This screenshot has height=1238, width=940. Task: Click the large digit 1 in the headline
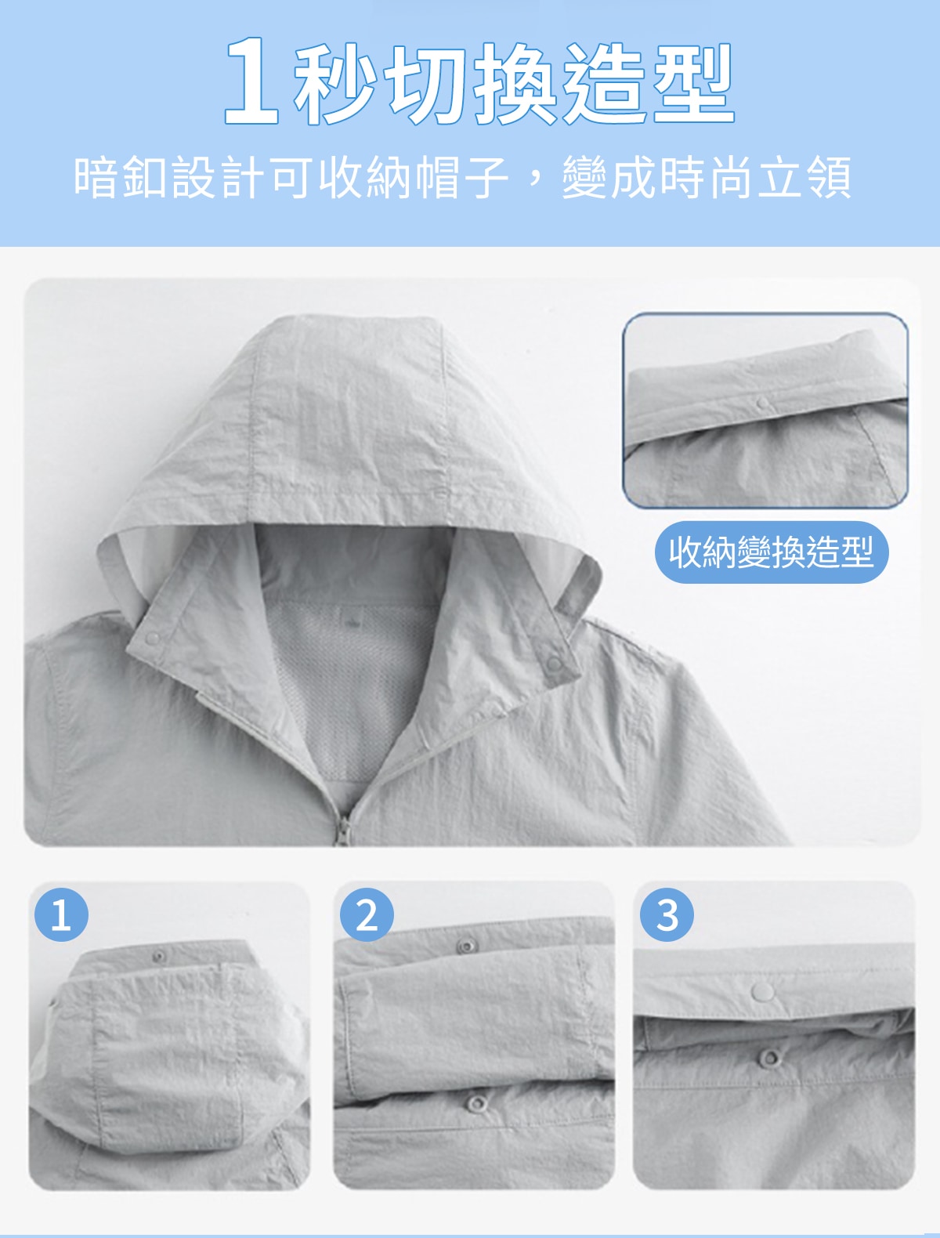tap(251, 81)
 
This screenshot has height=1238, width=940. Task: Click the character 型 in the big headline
tap(693, 84)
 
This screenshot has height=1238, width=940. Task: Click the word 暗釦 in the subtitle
tap(121, 177)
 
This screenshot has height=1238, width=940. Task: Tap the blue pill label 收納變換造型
tap(772, 552)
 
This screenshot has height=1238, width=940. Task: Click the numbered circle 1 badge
tap(61, 915)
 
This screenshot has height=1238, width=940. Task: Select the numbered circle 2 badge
tap(367, 915)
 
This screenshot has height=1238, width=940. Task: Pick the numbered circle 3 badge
tap(667, 915)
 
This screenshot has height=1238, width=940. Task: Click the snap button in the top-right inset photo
tap(762, 403)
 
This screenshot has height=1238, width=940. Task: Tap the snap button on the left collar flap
tap(152, 639)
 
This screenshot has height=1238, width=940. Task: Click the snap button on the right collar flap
tap(555, 664)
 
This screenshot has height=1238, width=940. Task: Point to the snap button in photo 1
tap(160, 956)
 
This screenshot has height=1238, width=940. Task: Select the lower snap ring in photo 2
tap(477, 1103)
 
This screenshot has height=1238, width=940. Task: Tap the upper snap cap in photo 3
tap(763, 991)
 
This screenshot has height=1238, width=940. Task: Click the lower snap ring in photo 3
tap(769, 1058)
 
